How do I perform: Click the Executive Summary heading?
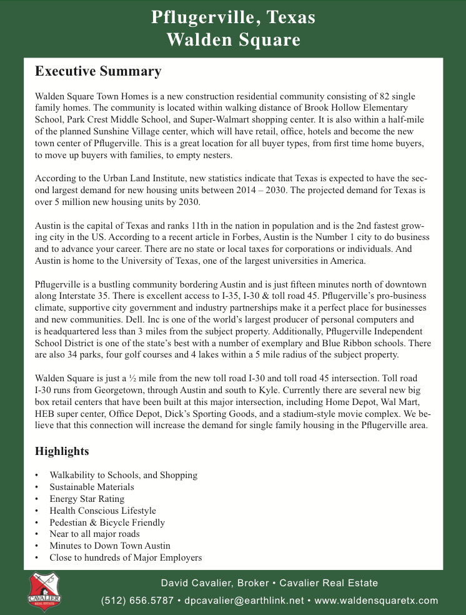tap(98, 72)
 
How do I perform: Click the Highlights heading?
tap(62, 451)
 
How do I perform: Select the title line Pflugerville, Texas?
tap(233, 17)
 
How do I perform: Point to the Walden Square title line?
tap(233, 41)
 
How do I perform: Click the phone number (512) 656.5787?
tap(138, 601)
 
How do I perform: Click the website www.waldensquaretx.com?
tap(377, 601)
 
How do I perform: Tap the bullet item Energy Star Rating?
tap(87, 499)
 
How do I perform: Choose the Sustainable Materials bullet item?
tap(92, 487)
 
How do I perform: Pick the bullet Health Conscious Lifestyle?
tap(103, 511)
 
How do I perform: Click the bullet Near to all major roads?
tap(95, 534)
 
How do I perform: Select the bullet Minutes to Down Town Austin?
tap(110, 546)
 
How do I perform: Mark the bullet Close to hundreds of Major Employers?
tap(126, 557)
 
